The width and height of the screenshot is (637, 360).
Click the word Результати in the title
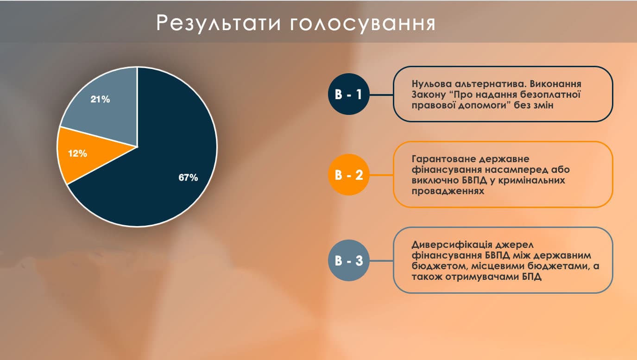(219, 23)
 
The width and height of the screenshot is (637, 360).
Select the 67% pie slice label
(188, 177)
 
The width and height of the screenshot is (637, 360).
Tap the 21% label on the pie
(100, 99)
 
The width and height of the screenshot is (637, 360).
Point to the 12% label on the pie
(78, 153)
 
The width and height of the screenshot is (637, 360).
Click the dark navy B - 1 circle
(349, 94)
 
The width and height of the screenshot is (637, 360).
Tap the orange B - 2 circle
(349, 175)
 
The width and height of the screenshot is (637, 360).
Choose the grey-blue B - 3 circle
(349, 260)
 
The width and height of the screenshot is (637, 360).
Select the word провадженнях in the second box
(448, 191)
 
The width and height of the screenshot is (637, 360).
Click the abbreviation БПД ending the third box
(531, 277)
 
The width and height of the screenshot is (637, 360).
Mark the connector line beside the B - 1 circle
(381, 95)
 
